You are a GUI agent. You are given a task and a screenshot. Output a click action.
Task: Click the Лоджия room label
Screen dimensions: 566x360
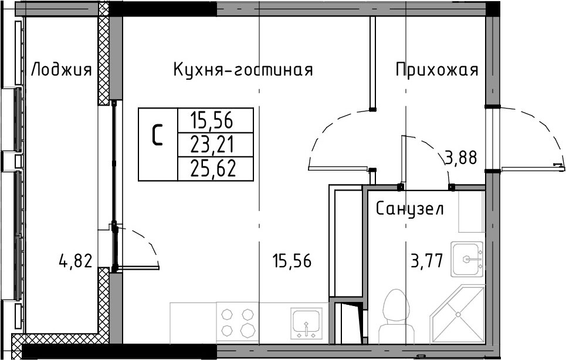coord(62,70)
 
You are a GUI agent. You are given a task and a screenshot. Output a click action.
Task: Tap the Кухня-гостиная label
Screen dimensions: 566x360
coord(243,69)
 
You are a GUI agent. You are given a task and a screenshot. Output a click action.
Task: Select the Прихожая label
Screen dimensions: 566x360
coord(437,69)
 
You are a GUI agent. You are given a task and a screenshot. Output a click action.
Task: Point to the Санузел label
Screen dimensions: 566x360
coord(410,208)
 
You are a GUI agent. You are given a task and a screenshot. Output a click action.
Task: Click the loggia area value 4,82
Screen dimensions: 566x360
coord(76,261)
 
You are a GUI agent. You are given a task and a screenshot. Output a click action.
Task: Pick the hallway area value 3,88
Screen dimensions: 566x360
coord(462,158)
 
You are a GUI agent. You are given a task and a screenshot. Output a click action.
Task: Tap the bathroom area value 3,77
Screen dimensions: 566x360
coord(427,260)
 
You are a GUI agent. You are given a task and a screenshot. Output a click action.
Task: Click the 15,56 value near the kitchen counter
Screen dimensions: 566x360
coord(292,260)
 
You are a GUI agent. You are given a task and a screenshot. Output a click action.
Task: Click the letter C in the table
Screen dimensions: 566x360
coord(157,135)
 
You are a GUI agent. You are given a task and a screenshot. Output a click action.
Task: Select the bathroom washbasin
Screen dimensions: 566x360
coord(467,259)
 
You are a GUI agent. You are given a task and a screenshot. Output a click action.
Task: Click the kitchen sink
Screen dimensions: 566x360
coord(307,323)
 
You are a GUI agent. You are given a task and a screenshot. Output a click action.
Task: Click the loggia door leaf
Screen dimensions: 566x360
coord(137,267)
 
